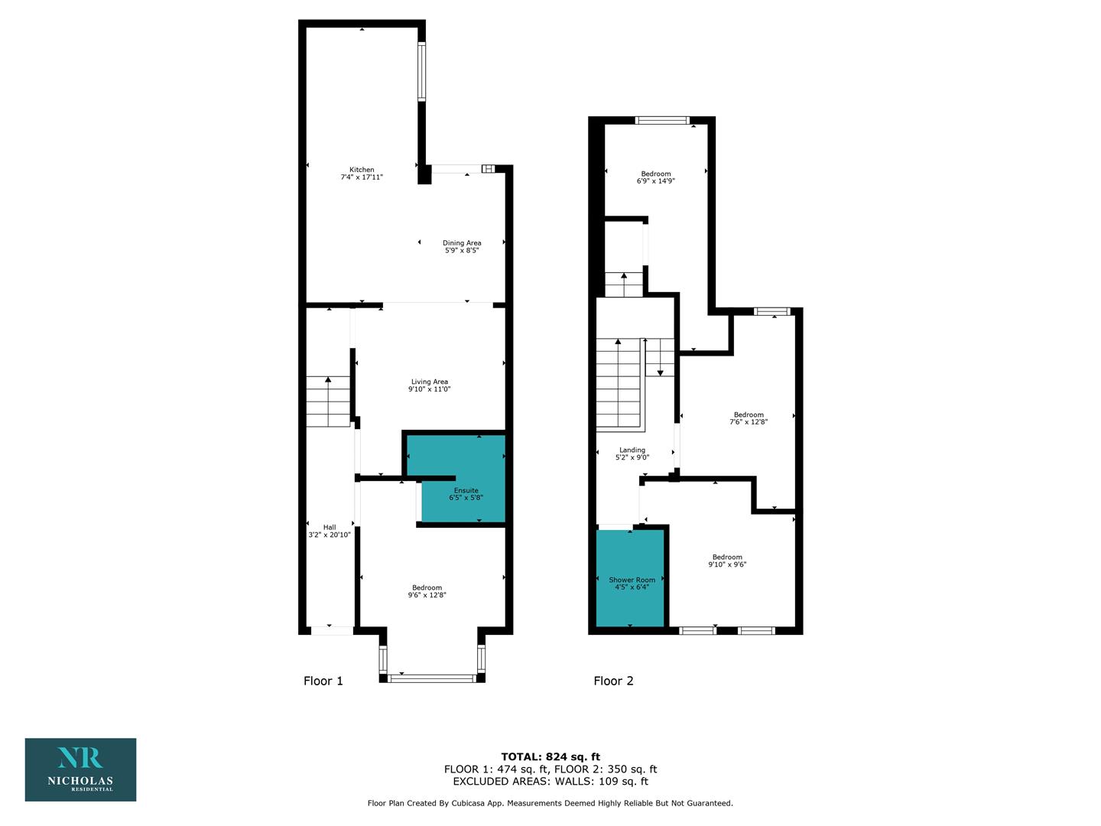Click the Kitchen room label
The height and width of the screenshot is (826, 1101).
pos(362,170)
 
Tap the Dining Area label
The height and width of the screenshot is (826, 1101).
pos(462,242)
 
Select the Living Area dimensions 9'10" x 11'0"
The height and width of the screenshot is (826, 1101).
pos(430,389)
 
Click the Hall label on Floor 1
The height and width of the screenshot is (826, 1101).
pos(330,527)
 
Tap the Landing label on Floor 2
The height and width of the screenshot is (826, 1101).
pos(632,450)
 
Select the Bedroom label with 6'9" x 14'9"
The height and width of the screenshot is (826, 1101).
pos(655,174)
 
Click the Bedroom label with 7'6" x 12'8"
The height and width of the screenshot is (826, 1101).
pos(749,415)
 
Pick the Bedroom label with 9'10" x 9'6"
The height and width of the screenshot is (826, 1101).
pos(727,557)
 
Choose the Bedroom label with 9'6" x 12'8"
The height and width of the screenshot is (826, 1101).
pos(427,587)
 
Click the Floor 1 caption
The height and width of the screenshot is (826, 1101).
pos(323,681)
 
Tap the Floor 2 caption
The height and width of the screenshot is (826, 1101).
pos(613,681)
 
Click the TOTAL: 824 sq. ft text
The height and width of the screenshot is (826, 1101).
pos(550,757)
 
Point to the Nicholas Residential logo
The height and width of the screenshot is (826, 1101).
pos(81,769)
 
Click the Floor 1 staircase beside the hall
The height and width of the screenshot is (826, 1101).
pos(328,402)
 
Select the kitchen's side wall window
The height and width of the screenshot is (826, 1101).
pos(422,71)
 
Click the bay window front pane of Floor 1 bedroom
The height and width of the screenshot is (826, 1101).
pos(432,678)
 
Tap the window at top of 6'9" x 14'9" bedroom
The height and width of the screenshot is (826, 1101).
pos(662,120)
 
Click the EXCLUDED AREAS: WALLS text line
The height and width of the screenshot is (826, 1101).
pos(550,781)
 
